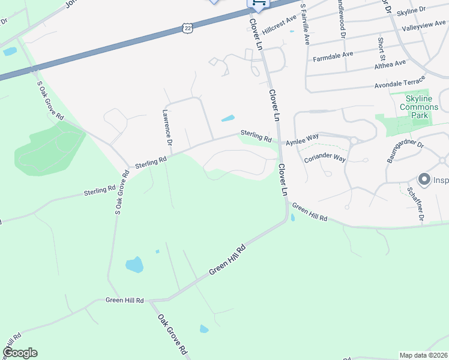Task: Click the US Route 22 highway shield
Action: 188,28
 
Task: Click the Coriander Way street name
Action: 325,158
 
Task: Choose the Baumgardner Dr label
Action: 405,152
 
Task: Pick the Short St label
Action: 381,44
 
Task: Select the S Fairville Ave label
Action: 304,23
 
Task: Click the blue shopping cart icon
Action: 259,3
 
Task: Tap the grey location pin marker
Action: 424,179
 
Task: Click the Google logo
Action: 20,353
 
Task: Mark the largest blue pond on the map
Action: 134,264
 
